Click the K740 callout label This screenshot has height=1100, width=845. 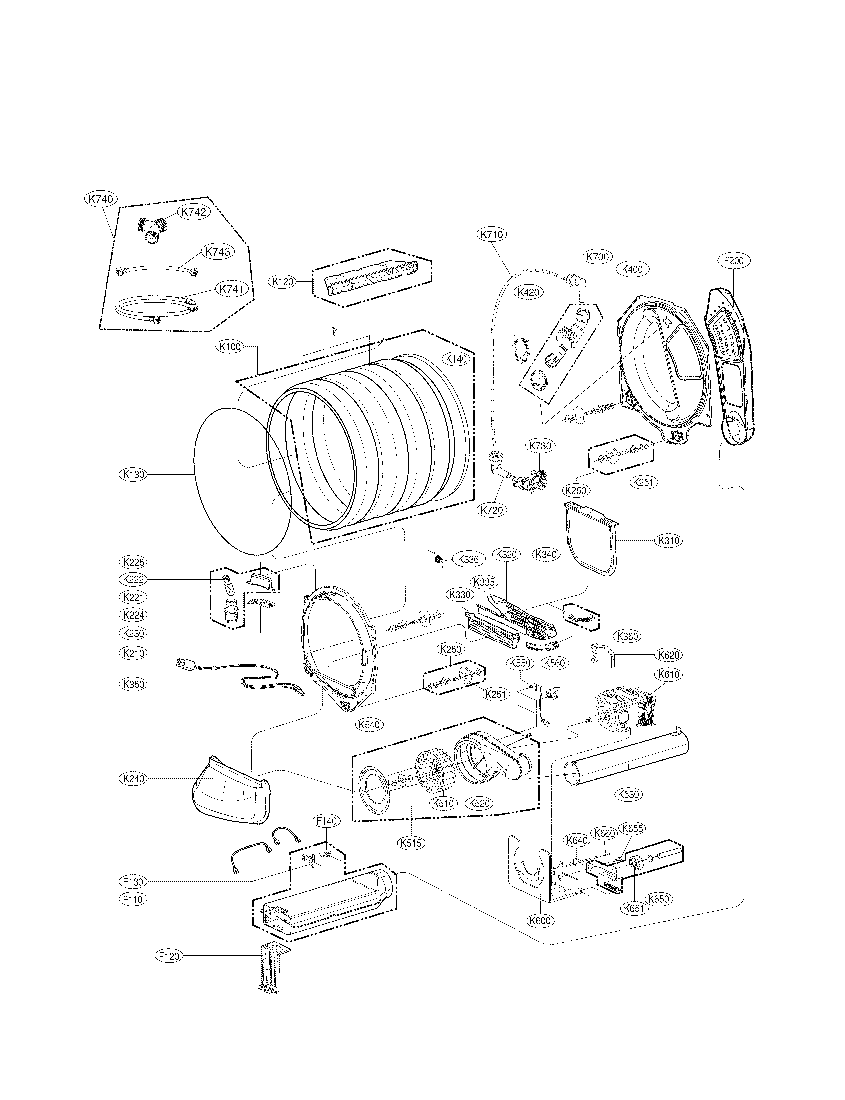(100, 199)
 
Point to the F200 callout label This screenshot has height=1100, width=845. (733, 261)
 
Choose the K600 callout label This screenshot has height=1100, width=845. (540, 921)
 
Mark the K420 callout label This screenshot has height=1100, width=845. (528, 291)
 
